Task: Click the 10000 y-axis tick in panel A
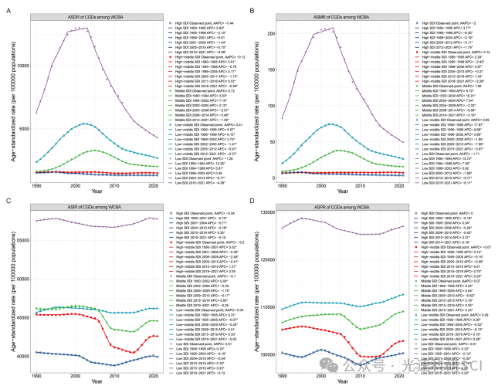pos(22,65)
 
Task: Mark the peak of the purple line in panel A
pos(76,28)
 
